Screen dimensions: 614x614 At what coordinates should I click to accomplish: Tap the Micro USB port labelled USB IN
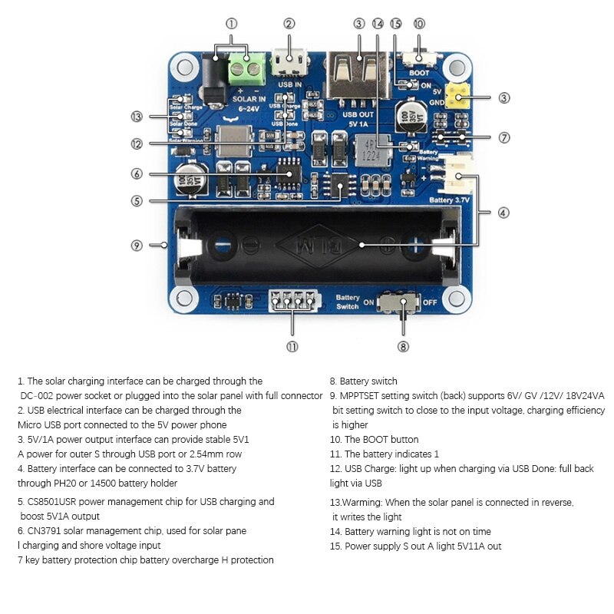click(x=291, y=58)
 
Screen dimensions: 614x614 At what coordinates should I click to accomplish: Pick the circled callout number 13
click(x=137, y=117)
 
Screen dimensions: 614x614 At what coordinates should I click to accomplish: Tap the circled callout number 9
click(x=137, y=246)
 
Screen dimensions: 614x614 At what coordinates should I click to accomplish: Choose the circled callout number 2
click(x=289, y=24)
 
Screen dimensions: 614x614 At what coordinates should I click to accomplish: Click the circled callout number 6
click(x=137, y=174)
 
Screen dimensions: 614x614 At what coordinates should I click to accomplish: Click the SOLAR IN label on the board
click(x=249, y=99)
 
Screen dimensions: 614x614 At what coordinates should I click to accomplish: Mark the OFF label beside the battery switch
click(x=430, y=302)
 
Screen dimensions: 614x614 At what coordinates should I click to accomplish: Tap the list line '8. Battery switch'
click(x=363, y=381)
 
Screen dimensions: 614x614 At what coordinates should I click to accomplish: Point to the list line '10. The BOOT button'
click(x=374, y=440)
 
